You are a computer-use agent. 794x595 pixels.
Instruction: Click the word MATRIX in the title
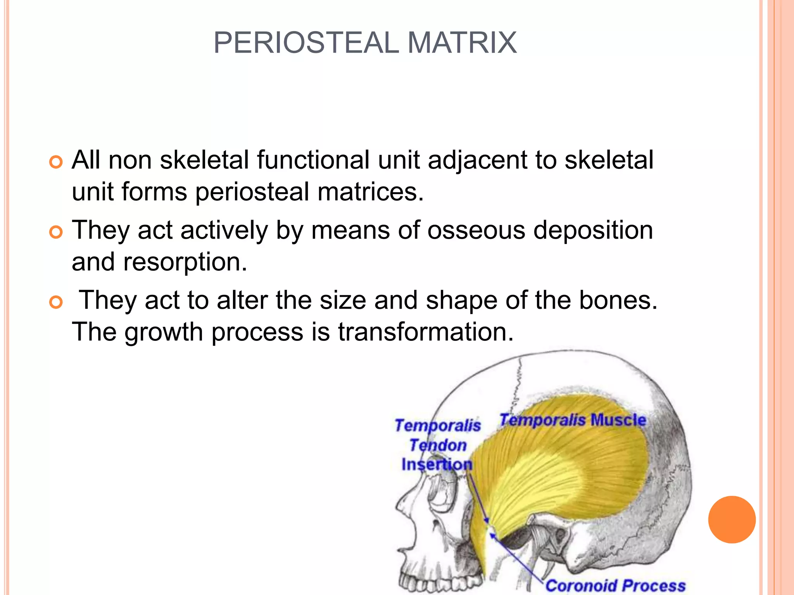point(462,42)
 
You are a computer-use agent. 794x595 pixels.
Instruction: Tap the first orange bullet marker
point(56,162)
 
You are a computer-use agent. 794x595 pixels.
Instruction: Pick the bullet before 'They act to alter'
point(56,302)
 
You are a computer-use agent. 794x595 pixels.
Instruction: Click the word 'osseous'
point(476,230)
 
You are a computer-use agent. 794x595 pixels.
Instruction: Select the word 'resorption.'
point(185,262)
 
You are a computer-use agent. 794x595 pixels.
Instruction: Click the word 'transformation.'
point(426,332)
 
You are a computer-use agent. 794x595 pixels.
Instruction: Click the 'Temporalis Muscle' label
point(573,420)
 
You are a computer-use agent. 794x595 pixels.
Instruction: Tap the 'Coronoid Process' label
point(615,585)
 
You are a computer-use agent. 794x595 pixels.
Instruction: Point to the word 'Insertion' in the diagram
point(437,464)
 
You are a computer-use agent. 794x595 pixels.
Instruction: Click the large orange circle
point(732,519)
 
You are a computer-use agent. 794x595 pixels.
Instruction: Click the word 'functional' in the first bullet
point(313,160)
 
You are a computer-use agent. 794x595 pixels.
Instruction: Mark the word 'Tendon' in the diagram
point(438,445)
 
